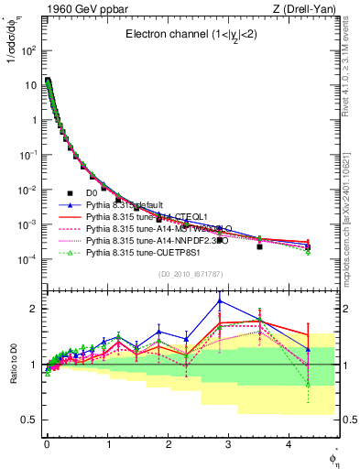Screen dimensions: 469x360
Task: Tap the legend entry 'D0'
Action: [92, 192]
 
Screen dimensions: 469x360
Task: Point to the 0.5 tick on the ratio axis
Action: [31, 420]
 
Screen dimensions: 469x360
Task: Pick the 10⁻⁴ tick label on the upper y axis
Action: [30, 259]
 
